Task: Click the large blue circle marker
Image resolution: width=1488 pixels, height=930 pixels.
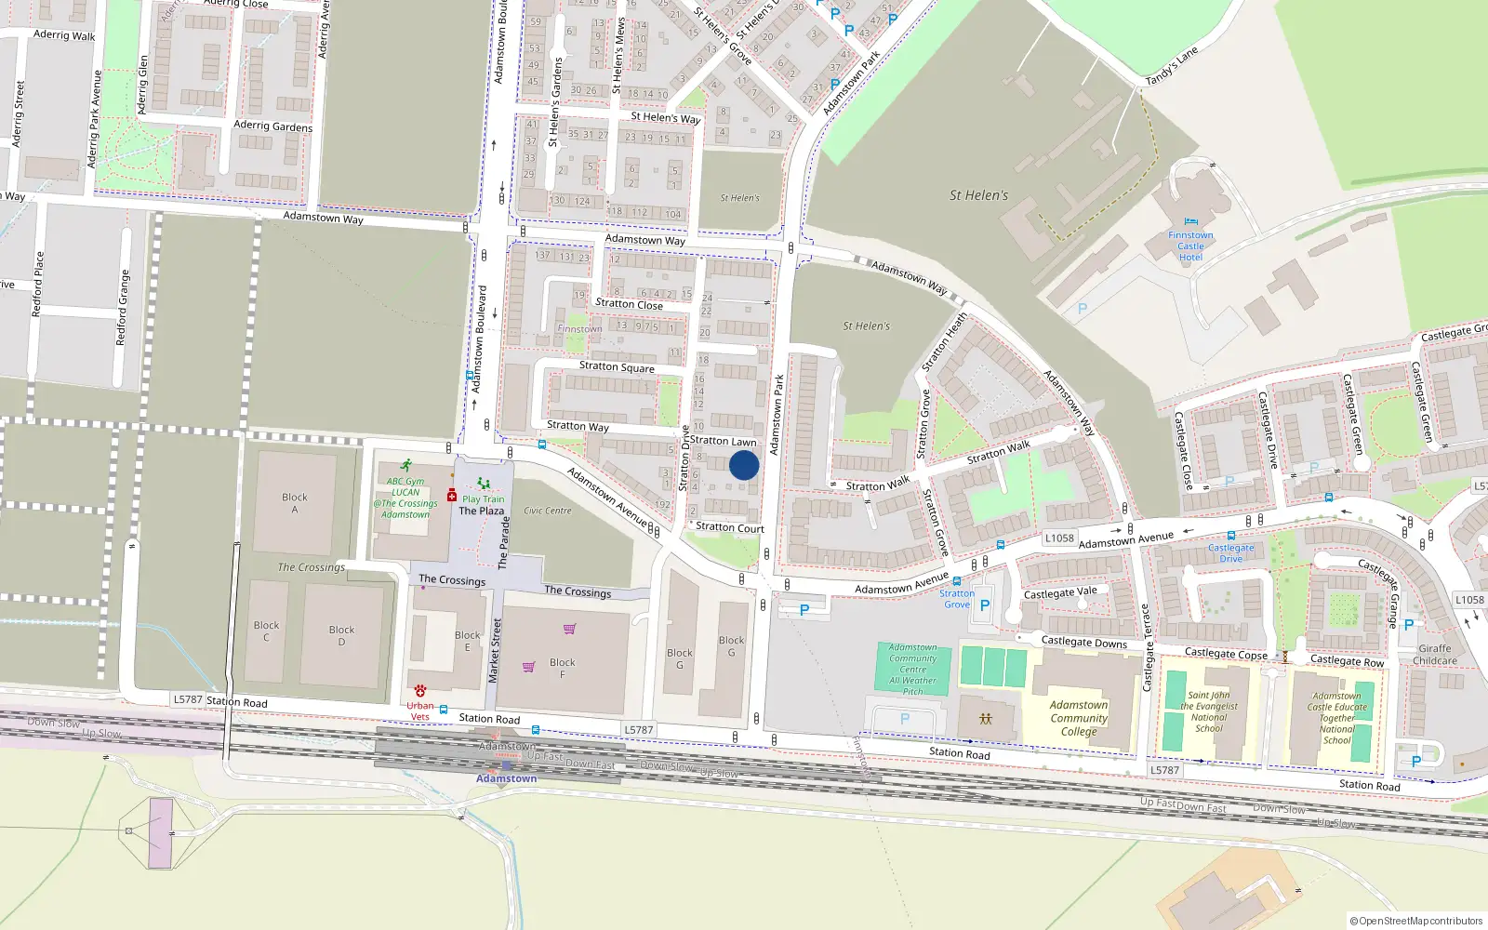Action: (x=744, y=465)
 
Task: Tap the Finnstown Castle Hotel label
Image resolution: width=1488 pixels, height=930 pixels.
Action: (x=1190, y=246)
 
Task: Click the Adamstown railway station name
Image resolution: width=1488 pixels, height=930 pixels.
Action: (x=506, y=778)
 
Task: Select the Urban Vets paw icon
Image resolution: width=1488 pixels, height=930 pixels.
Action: (x=420, y=691)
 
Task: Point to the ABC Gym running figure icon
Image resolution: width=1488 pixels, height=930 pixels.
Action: (x=405, y=465)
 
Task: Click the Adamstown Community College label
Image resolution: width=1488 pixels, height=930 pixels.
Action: (x=1079, y=718)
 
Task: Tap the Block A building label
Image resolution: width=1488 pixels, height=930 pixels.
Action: (x=295, y=503)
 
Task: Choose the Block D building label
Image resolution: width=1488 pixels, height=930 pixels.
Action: (x=341, y=636)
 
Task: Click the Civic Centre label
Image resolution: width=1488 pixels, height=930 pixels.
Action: (x=548, y=511)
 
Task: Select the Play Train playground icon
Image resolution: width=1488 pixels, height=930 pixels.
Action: (x=483, y=484)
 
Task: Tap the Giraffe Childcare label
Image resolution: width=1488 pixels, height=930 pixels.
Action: (x=1434, y=655)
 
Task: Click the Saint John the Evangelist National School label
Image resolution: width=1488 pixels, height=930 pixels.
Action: (x=1208, y=711)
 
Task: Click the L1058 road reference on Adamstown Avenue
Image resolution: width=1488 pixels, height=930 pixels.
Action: (x=1059, y=538)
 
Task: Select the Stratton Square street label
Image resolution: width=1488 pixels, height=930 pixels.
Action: (x=617, y=366)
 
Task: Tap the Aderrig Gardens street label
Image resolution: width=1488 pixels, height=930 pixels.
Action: (x=272, y=126)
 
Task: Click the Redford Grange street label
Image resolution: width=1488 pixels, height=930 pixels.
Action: (x=122, y=308)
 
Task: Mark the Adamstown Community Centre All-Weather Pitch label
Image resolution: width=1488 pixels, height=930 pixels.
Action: (x=912, y=670)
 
